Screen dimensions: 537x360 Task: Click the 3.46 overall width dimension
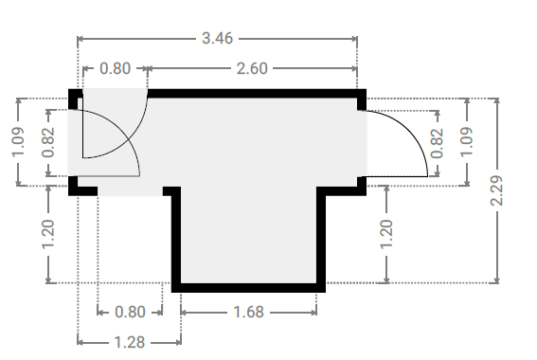tap(218, 38)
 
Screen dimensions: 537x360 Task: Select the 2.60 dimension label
tap(252, 68)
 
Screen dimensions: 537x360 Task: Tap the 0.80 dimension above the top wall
tap(116, 68)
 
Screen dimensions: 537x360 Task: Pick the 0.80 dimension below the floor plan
tap(130, 312)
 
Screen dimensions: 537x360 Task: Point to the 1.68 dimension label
tap(249, 312)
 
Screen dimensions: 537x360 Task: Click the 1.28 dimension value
tap(130, 342)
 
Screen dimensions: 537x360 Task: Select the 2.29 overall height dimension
tap(497, 190)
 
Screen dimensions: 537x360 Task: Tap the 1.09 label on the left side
tap(19, 142)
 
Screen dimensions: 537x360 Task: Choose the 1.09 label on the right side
tap(467, 142)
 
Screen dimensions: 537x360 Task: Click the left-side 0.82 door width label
tap(48, 142)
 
